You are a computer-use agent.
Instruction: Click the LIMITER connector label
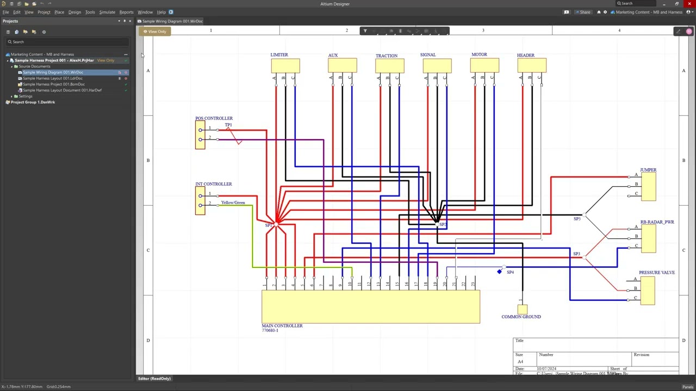pos(279,55)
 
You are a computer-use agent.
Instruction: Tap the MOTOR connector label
pos(479,55)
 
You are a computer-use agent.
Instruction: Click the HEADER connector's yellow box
pos(532,66)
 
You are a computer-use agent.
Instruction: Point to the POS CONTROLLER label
pos(214,118)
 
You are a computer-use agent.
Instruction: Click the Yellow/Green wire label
pos(233,203)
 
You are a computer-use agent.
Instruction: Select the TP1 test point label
pos(228,125)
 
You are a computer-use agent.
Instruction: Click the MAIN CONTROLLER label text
pos(282,326)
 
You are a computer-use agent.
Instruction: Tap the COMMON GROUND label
pos(521,317)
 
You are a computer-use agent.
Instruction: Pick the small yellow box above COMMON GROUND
pos(523,310)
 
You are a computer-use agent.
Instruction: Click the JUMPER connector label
pos(648,170)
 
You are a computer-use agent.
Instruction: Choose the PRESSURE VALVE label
pos(656,273)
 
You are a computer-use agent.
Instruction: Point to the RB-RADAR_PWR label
pos(657,222)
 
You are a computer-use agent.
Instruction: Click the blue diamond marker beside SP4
pos(499,272)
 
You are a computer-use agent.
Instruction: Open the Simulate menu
pos(107,12)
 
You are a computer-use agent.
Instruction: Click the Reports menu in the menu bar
pos(126,12)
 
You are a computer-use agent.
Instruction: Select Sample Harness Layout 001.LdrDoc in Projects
pos(52,78)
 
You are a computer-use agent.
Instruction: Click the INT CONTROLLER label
pos(213,184)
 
